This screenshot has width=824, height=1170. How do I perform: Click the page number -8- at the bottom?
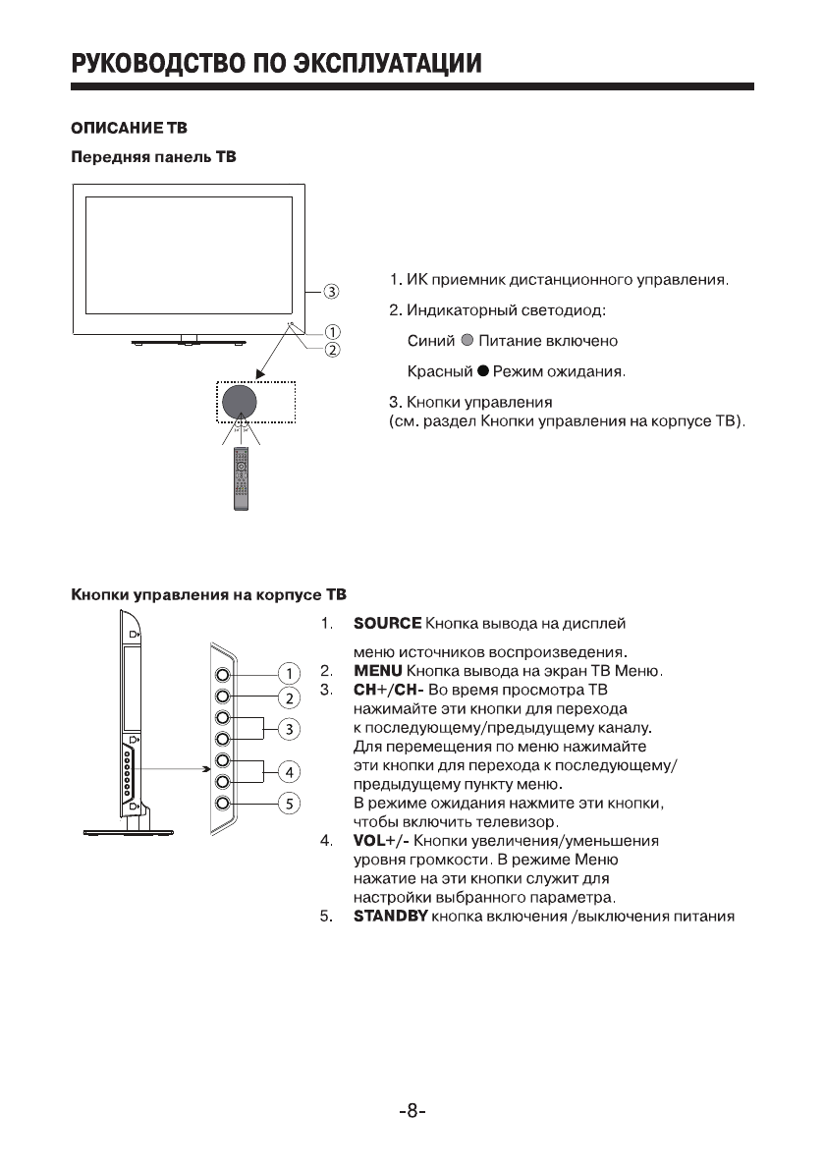point(412,1112)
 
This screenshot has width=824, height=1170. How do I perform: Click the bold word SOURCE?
point(387,624)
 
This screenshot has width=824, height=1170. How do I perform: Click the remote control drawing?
point(241,477)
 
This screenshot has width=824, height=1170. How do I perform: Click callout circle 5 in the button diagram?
point(289,804)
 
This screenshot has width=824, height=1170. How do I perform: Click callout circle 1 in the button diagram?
point(289,674)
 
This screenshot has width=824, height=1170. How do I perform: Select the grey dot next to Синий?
point(467,342)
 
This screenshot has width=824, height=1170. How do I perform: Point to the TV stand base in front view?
point(189,343)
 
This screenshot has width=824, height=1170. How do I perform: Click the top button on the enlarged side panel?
point(224,675)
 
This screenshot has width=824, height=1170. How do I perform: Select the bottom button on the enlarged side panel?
point(224,803)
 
